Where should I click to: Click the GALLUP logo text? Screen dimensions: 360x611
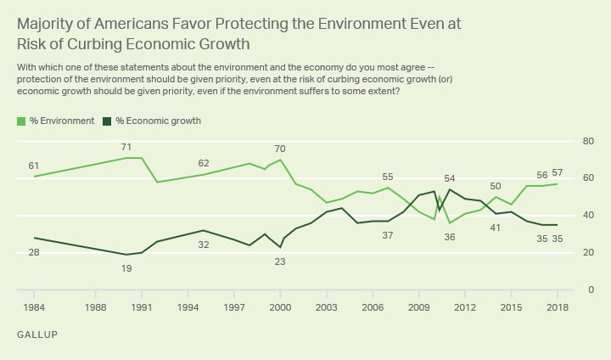(37, 335)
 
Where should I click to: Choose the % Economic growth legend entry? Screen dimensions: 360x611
(158, 121)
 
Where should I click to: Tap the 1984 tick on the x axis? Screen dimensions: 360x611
(34, 307)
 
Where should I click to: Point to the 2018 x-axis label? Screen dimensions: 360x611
(557, 307)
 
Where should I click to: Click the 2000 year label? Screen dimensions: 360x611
(280, 307)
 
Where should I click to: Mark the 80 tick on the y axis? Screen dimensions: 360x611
(586, 141)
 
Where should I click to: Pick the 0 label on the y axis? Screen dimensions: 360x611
(589, 290)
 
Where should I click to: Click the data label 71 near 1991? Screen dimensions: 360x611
(126, 148)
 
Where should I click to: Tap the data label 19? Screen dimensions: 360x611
(126, 268)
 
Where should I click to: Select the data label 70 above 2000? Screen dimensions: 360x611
(281, 149)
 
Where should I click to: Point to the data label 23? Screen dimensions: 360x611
(281, 262)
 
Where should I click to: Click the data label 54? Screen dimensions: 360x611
(450, 179)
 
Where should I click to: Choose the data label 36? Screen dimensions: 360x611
(450, 237)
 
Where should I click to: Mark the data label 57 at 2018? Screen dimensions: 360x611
(558, 173)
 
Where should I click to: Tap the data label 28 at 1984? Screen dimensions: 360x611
(34, 252)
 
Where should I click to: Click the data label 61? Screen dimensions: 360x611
(34, 166)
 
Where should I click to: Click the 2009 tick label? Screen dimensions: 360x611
(418, 307)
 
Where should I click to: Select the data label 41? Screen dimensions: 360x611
(496, 228)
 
